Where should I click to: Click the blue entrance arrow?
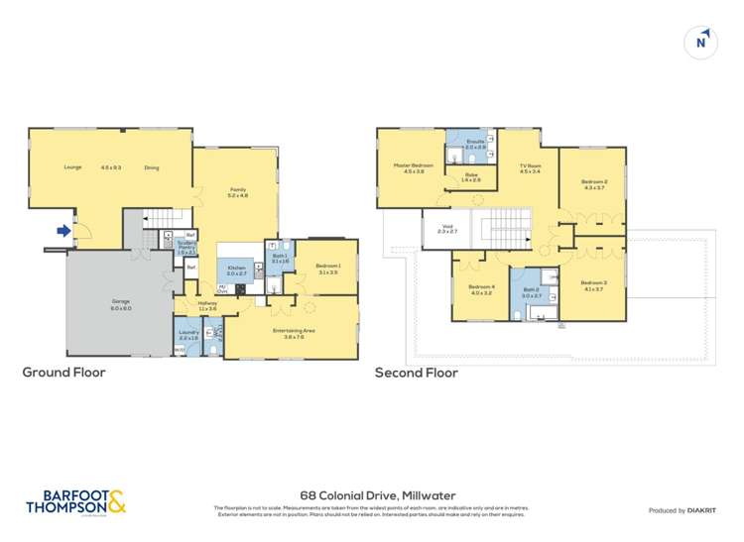tap(63, 232)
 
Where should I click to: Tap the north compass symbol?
tap(701, 42)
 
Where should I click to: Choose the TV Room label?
tap(529, 165)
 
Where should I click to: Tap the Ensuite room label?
tap(474, 143)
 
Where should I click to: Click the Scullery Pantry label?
tap(186, 246)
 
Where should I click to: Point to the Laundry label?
tap(188, 333)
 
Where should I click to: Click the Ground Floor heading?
tap(63, 374)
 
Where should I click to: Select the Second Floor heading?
tap(416, 374)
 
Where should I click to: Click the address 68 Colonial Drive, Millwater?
tap(371, 492)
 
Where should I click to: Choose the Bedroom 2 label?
tap(593, 183)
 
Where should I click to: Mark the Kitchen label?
tap(236, 269)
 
